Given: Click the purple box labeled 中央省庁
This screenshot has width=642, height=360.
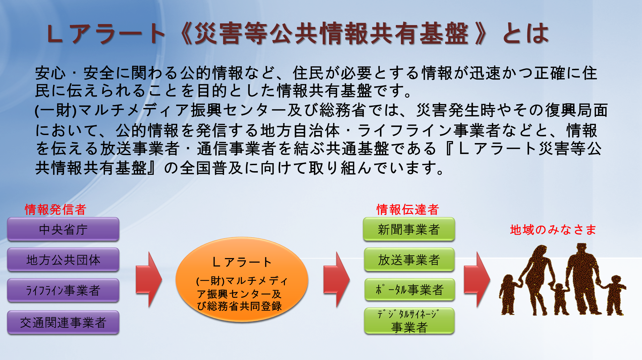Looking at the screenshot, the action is click(x=63, y=229).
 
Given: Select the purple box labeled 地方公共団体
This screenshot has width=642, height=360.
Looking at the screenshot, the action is click(x=63, y=260).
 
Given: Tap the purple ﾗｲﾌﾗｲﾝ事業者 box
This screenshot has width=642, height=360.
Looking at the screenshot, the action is click(x=63, y=290).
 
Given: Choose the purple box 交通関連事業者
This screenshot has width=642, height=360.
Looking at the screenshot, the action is click(x=63, y=322).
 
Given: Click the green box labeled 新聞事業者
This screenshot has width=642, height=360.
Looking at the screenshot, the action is click(x=409, y=229).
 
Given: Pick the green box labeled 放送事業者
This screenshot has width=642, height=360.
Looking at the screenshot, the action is click(x=409, y=260).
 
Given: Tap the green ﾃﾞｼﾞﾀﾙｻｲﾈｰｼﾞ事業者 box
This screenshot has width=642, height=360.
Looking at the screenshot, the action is click(x=409, y=321).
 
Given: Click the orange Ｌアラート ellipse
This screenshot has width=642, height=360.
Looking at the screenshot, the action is click(x=242, y=280).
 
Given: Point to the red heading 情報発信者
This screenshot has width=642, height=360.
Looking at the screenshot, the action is click(x=56, y=210).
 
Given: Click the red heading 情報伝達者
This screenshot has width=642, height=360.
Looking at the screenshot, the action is click(x=408, y=210).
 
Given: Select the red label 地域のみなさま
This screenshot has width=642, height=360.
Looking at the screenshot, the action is click(x=553, y=230).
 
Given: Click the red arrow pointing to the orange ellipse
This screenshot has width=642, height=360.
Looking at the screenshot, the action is click(x=149, y=280).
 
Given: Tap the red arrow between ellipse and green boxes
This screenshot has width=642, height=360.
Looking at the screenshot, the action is click(x=336, y=280).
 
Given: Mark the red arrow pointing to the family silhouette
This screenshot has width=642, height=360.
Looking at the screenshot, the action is click(x=477, y=280).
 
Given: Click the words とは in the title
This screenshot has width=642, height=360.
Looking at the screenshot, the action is click(x=526, y=33).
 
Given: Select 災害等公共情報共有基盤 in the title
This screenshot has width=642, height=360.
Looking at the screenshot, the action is click(x=331, y=33).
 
